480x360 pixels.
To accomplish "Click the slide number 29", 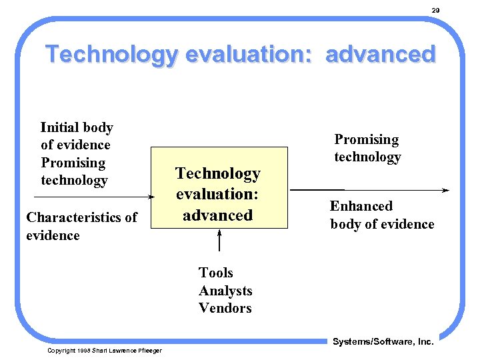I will pyautogui.click(x=435, y=11).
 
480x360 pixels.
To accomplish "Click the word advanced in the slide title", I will pyautogui.click(x=380, y=54).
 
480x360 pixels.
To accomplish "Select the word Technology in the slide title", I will pyautogui.click(x=112, y=54).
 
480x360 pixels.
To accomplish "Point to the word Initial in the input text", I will pyautogui.click(x=59, y=127).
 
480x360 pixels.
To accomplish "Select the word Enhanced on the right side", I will pyautogui.click(x=361, y=206).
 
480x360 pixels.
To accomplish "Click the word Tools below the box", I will pyautogui.click(x=215, y=273).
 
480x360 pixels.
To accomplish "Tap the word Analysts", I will pyautogui.click(x=225, y=291).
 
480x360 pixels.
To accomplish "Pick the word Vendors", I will pyautogui.click(x=225, y=308).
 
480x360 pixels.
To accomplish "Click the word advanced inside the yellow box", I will pyautogui.click(x=217, y=215).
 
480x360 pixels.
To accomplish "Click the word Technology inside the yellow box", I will pyautogui.click(x=217, y=174).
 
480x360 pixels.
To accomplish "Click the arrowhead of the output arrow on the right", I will pyautogui.click(x=446, y=191).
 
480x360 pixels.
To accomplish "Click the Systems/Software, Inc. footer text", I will pyautogui.click(x=383, y=342).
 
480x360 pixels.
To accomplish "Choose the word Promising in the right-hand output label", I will pyautogui.click(x=366, y=139).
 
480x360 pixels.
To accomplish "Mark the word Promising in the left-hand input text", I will pyautogui.click(x=73, y=163).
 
